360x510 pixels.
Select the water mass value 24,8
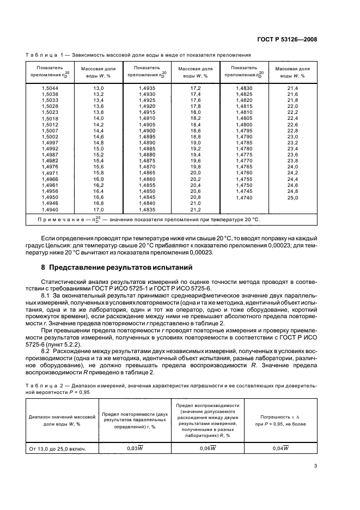point(293,191)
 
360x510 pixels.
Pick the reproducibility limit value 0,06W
point(208,448)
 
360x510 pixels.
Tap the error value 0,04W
point(280,448)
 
